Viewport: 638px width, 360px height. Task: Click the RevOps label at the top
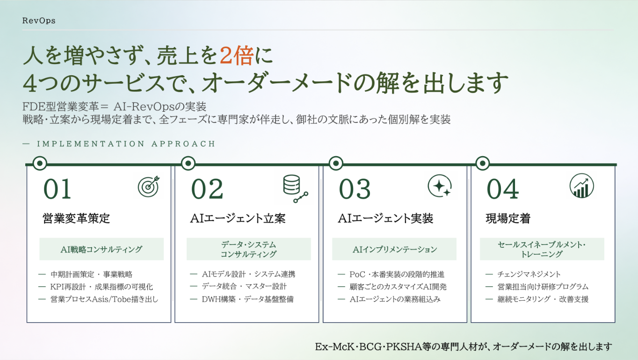[39, 21]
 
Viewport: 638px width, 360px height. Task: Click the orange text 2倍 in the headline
[236, 55]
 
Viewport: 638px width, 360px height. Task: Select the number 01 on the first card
[57, 189]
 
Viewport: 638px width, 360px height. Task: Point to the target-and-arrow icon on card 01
[149, 186]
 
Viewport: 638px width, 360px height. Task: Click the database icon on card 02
[295, 188]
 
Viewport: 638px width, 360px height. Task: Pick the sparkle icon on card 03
[440, 186]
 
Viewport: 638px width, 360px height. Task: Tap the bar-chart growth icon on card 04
[581, 186]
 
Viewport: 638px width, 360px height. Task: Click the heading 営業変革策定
[76, 218]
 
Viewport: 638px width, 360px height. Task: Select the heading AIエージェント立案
[238, 218]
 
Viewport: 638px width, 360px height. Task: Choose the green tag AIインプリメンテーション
[394, 249]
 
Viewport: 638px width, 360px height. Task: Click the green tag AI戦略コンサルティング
[101, 249]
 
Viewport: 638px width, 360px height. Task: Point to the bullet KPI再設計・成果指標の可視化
[101, 287]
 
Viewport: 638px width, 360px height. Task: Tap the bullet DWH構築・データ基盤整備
[247, 299]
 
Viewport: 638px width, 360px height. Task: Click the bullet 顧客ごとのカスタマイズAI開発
[398, 287]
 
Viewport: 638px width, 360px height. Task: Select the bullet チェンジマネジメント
[529, 274]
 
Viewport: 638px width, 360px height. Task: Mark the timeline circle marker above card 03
[336, 163]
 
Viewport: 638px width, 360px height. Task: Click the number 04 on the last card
[503, 189]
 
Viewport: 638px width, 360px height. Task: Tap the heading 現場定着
[508, 218]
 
